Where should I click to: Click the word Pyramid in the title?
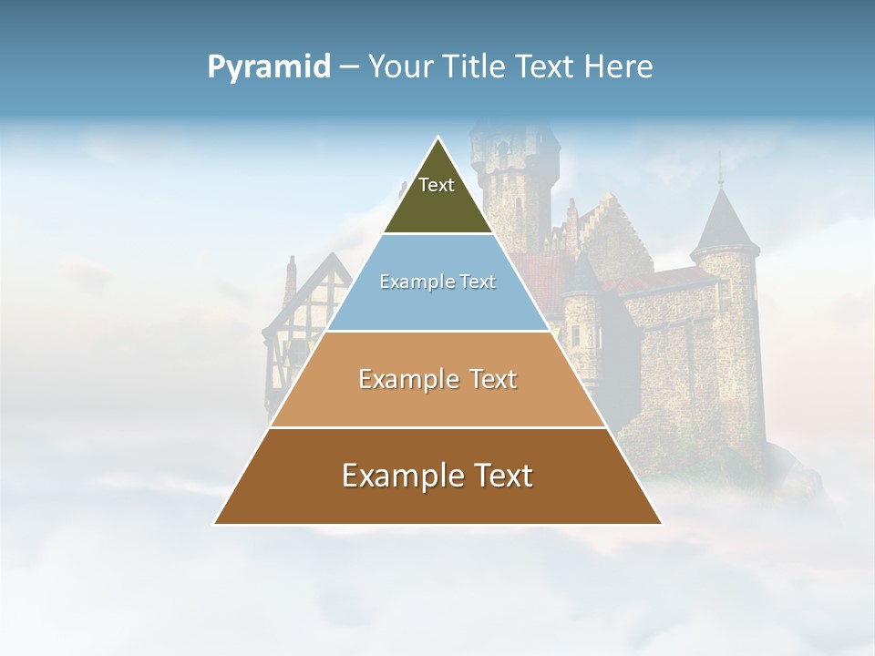pyautogui.click(x=269, y=67)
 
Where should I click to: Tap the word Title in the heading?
pyautogui.click(x=478, y=67)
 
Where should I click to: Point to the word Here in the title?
pyautogui.click(x=619, y=67)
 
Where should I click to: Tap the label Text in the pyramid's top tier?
pyautogui.click(x=437, y=185)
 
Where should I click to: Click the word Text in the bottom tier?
pyautogui.click(x=502, y=476)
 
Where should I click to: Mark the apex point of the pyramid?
pyautogui.click(x=438, y=138)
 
